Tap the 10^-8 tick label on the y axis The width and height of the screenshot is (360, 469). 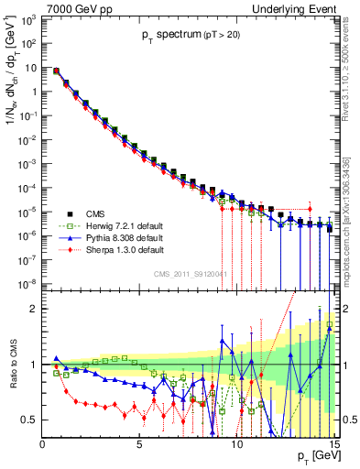pyautogui.click(x=28, y=283)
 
